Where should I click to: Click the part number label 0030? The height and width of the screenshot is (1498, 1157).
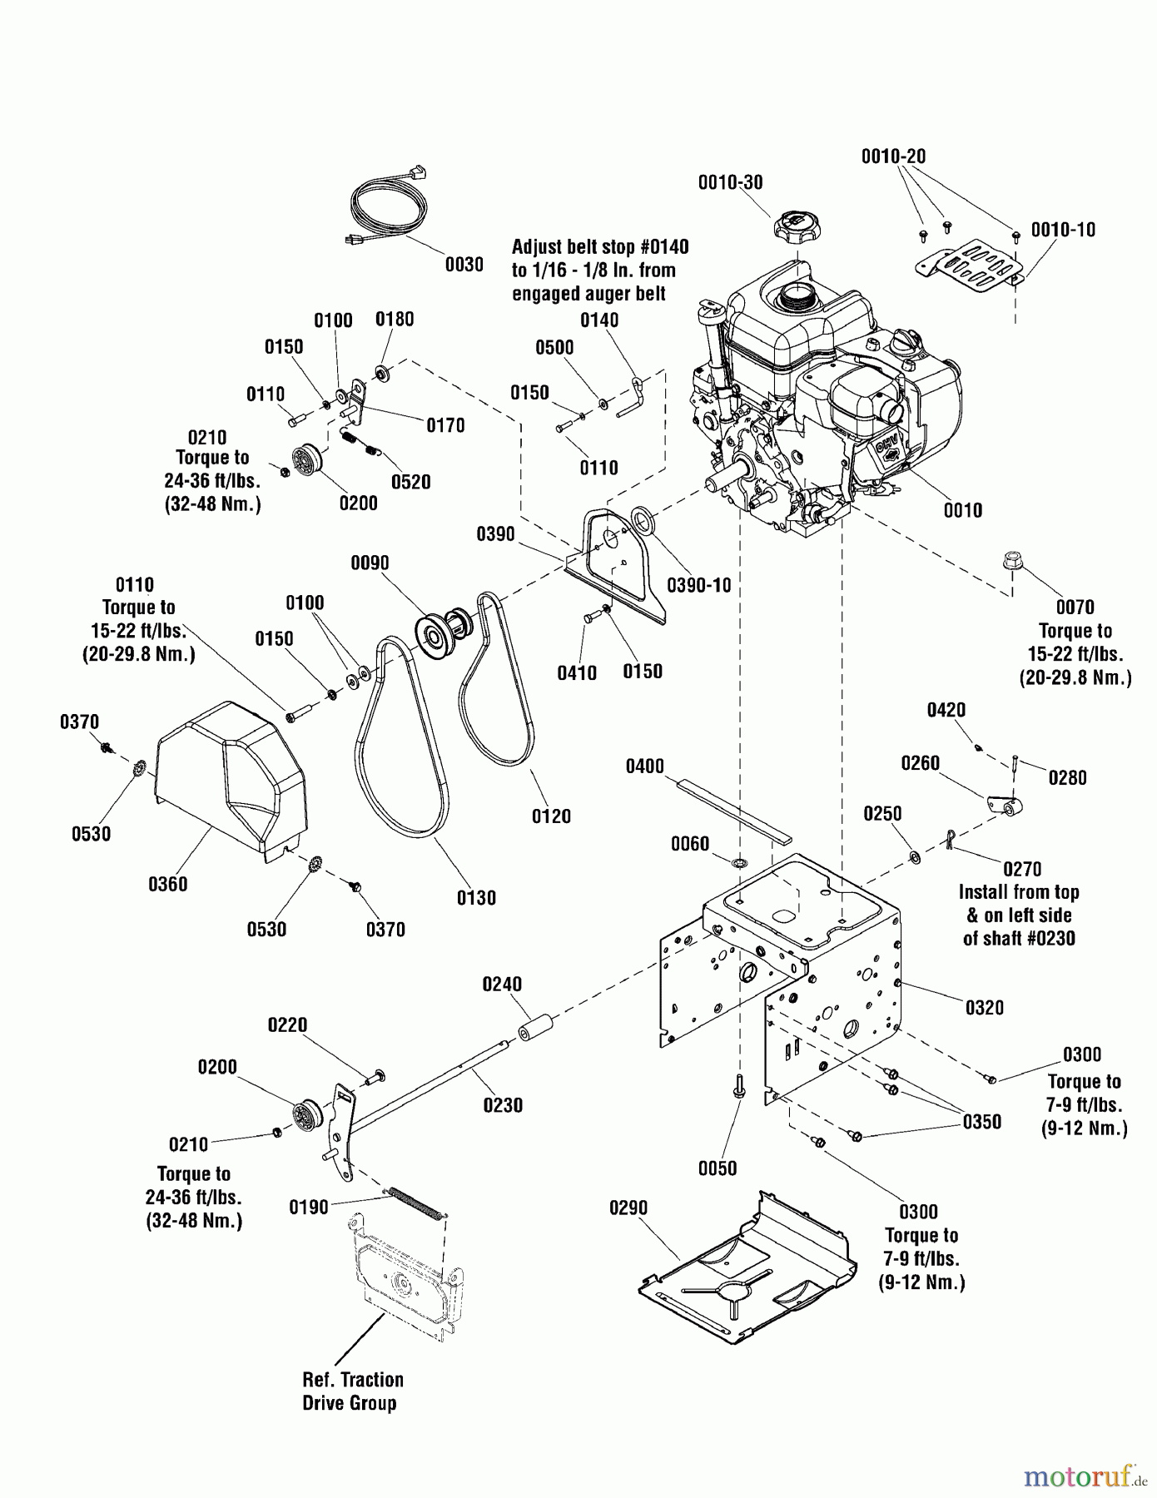[464, 265]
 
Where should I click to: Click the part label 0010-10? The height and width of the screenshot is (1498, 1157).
[1063, 230]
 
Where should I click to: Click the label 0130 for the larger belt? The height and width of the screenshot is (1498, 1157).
[476, 897]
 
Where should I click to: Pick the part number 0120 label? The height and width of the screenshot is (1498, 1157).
[551, 816]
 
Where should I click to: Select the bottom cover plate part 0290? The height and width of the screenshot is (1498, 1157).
[745, 1268]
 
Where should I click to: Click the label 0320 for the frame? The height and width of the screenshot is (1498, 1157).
[985, 1008]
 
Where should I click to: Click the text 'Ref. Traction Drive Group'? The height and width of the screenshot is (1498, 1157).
[353, 1391]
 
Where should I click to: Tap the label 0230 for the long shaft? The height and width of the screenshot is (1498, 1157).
[503, 1105]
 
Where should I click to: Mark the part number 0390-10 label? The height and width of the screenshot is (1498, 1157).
[698, 585]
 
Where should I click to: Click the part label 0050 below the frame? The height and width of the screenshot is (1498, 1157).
[717, 1168]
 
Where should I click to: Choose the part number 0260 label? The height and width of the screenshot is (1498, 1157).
[920, 763]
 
